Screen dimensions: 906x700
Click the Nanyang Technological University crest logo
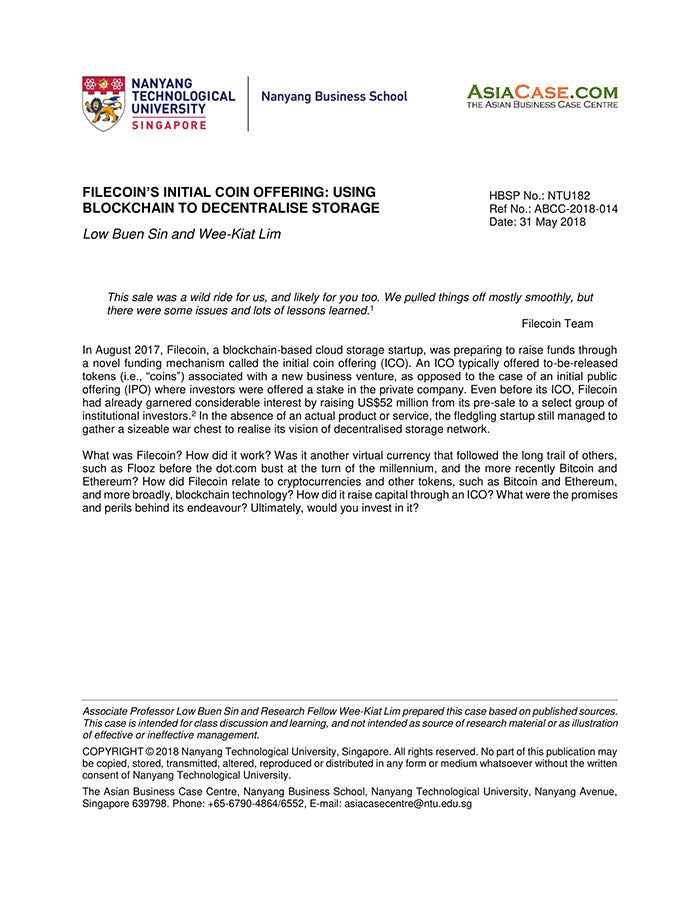tap(103, 103)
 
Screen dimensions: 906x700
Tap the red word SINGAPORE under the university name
tap(169, 125)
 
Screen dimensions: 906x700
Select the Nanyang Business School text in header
tap(334, 97)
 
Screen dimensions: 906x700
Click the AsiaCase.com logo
tap(541, 96)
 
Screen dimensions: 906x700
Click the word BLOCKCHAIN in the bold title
tap(131, 208)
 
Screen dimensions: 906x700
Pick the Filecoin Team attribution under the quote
tap(557, 324)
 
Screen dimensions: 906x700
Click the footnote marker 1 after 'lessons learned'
tap(372, 307)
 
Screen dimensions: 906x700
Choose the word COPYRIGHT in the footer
tap(115, 750)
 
